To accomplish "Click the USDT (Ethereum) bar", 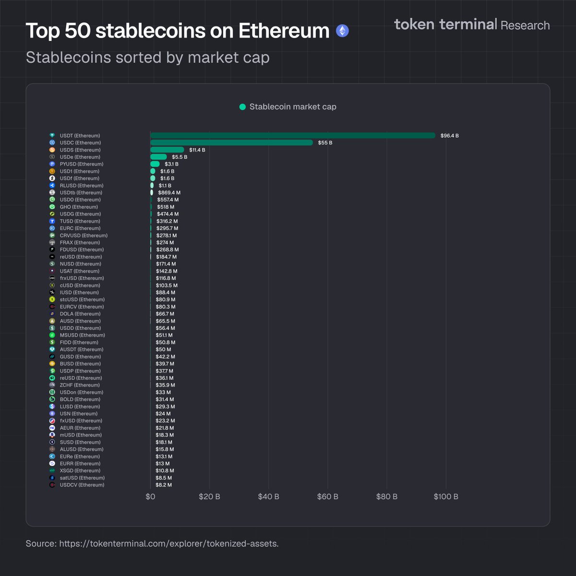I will point(293,136).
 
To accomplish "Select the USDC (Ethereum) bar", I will point(231,143).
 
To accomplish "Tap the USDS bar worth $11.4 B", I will point(167,150).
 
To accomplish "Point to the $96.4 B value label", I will point(449,136).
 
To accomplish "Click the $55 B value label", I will point(325,143).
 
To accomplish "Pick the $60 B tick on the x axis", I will point(327,496).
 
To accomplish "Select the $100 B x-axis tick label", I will point(445,496).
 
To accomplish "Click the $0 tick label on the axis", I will point(150,496).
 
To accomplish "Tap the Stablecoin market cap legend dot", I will point(242,107).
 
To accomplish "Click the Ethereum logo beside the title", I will point(342,31).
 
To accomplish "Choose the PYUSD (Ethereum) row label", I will point(82,164).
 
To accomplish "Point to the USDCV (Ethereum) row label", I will point(82,485).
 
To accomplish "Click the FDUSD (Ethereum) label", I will point(82,250).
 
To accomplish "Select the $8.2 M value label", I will point(164,485).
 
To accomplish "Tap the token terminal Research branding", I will point(472,24).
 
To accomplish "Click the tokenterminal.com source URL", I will point(168,543).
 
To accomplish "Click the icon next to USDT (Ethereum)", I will point(52,136).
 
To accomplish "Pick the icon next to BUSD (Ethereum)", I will point(52,364).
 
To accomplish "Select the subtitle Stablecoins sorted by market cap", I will point(147,57).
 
